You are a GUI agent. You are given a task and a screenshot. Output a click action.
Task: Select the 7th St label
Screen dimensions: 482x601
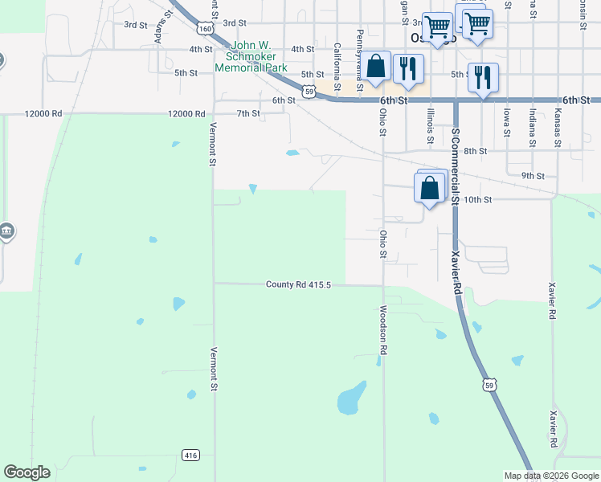pos(248,113)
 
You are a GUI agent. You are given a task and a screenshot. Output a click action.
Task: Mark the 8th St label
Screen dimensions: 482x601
pos(476,151)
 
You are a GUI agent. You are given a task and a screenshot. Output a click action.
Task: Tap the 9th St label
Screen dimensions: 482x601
pos(533,175)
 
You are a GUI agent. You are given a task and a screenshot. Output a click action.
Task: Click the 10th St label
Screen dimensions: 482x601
pos(477,199)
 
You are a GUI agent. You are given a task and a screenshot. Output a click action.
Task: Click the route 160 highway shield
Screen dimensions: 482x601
pos(205,28)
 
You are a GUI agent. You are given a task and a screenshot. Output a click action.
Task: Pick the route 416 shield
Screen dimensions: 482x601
pos(190,455)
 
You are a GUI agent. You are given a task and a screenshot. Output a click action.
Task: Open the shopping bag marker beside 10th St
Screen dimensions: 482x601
pos(430,189)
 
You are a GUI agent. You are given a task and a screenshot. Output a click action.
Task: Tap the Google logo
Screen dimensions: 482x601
pos(27,472)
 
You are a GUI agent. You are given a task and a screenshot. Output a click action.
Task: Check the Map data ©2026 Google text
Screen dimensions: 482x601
pos(550,476)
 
